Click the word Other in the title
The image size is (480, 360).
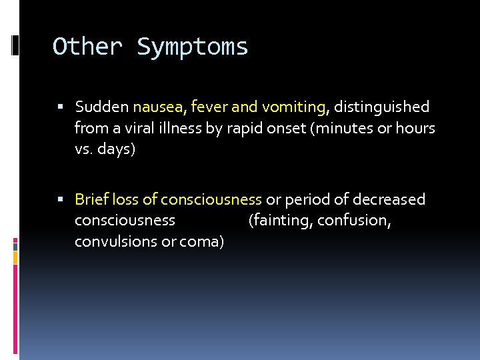[x=87, y=47]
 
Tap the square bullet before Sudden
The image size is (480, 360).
[x=61, y=107]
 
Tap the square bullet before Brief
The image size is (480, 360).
[x=61, y=200]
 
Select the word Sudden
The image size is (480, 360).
[x=102, y=107]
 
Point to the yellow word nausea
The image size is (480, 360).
[x=158, y=107]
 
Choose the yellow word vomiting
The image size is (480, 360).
[x=294, y=107]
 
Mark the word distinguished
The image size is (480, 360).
[x=381, y=107]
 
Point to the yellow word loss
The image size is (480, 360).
[x=125, y=199]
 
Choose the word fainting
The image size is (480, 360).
[x=281, y=221]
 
